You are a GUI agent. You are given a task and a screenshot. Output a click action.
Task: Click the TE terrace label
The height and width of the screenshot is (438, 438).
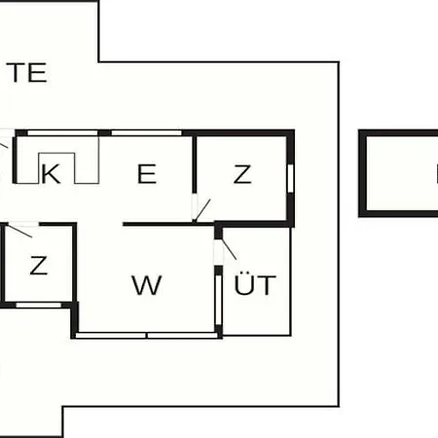point(26,72)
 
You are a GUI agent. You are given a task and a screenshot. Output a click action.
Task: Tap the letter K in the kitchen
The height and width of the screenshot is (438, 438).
point(51,174)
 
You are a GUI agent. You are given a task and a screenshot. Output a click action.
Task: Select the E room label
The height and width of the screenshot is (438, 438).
point(147,174)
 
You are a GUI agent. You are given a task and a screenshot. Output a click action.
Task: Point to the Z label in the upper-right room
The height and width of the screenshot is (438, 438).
point(242,174)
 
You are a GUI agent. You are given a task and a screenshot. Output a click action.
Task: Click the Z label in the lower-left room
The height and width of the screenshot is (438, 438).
point(39,265)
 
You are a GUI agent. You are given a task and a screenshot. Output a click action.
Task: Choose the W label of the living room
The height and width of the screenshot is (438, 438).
point(147,285)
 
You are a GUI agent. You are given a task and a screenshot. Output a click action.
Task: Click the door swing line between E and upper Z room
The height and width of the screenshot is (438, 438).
point(202,210)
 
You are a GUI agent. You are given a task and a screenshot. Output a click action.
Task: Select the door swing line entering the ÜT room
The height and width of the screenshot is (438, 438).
point(229,249)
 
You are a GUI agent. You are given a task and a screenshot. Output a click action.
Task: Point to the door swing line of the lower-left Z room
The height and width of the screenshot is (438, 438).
point(19,231)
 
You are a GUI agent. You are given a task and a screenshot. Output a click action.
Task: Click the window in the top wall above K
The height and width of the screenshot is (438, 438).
point(62,132)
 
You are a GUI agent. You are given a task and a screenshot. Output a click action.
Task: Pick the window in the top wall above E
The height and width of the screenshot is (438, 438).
point(146,132)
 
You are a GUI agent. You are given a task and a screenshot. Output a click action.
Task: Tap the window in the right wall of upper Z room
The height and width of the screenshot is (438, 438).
point(290,178)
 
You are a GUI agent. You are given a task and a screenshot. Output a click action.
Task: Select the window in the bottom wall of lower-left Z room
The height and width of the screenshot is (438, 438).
point(39,305)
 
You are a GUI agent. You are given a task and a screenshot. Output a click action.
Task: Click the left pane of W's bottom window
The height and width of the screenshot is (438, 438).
point(111,336)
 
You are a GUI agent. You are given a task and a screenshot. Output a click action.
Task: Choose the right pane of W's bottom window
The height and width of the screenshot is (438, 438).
point(182,336)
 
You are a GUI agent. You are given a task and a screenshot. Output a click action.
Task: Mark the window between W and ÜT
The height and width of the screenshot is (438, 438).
point(219,300)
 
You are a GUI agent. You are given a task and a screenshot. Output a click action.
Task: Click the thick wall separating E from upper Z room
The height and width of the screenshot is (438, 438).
point(195,164)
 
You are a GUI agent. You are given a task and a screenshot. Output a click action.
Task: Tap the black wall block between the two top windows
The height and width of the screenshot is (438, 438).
point(104,132)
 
